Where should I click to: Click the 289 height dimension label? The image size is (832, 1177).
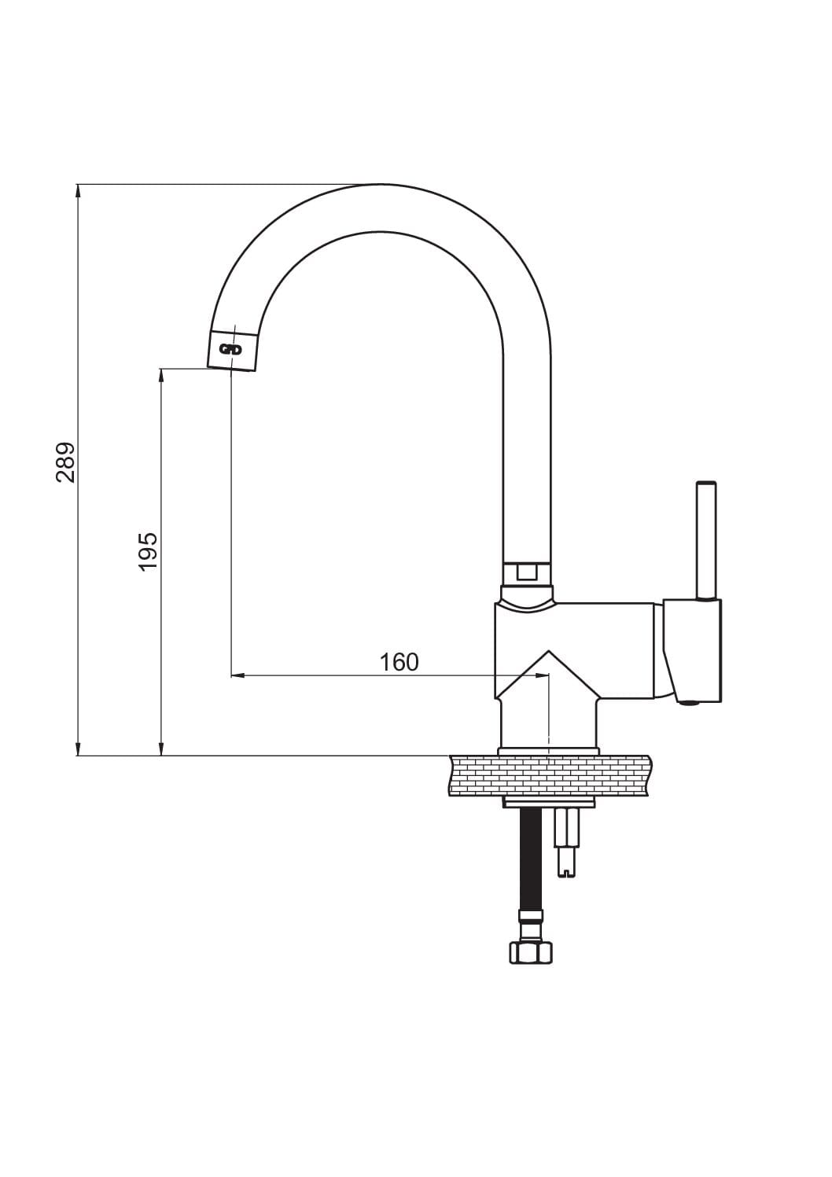pos(66,462)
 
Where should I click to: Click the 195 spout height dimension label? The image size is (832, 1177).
pos(148,551)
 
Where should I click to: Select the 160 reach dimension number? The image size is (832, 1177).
pos(399,662)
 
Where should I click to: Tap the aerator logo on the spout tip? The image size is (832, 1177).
pos(230,349)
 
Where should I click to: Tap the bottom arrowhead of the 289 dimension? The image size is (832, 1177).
pos(78,748)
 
